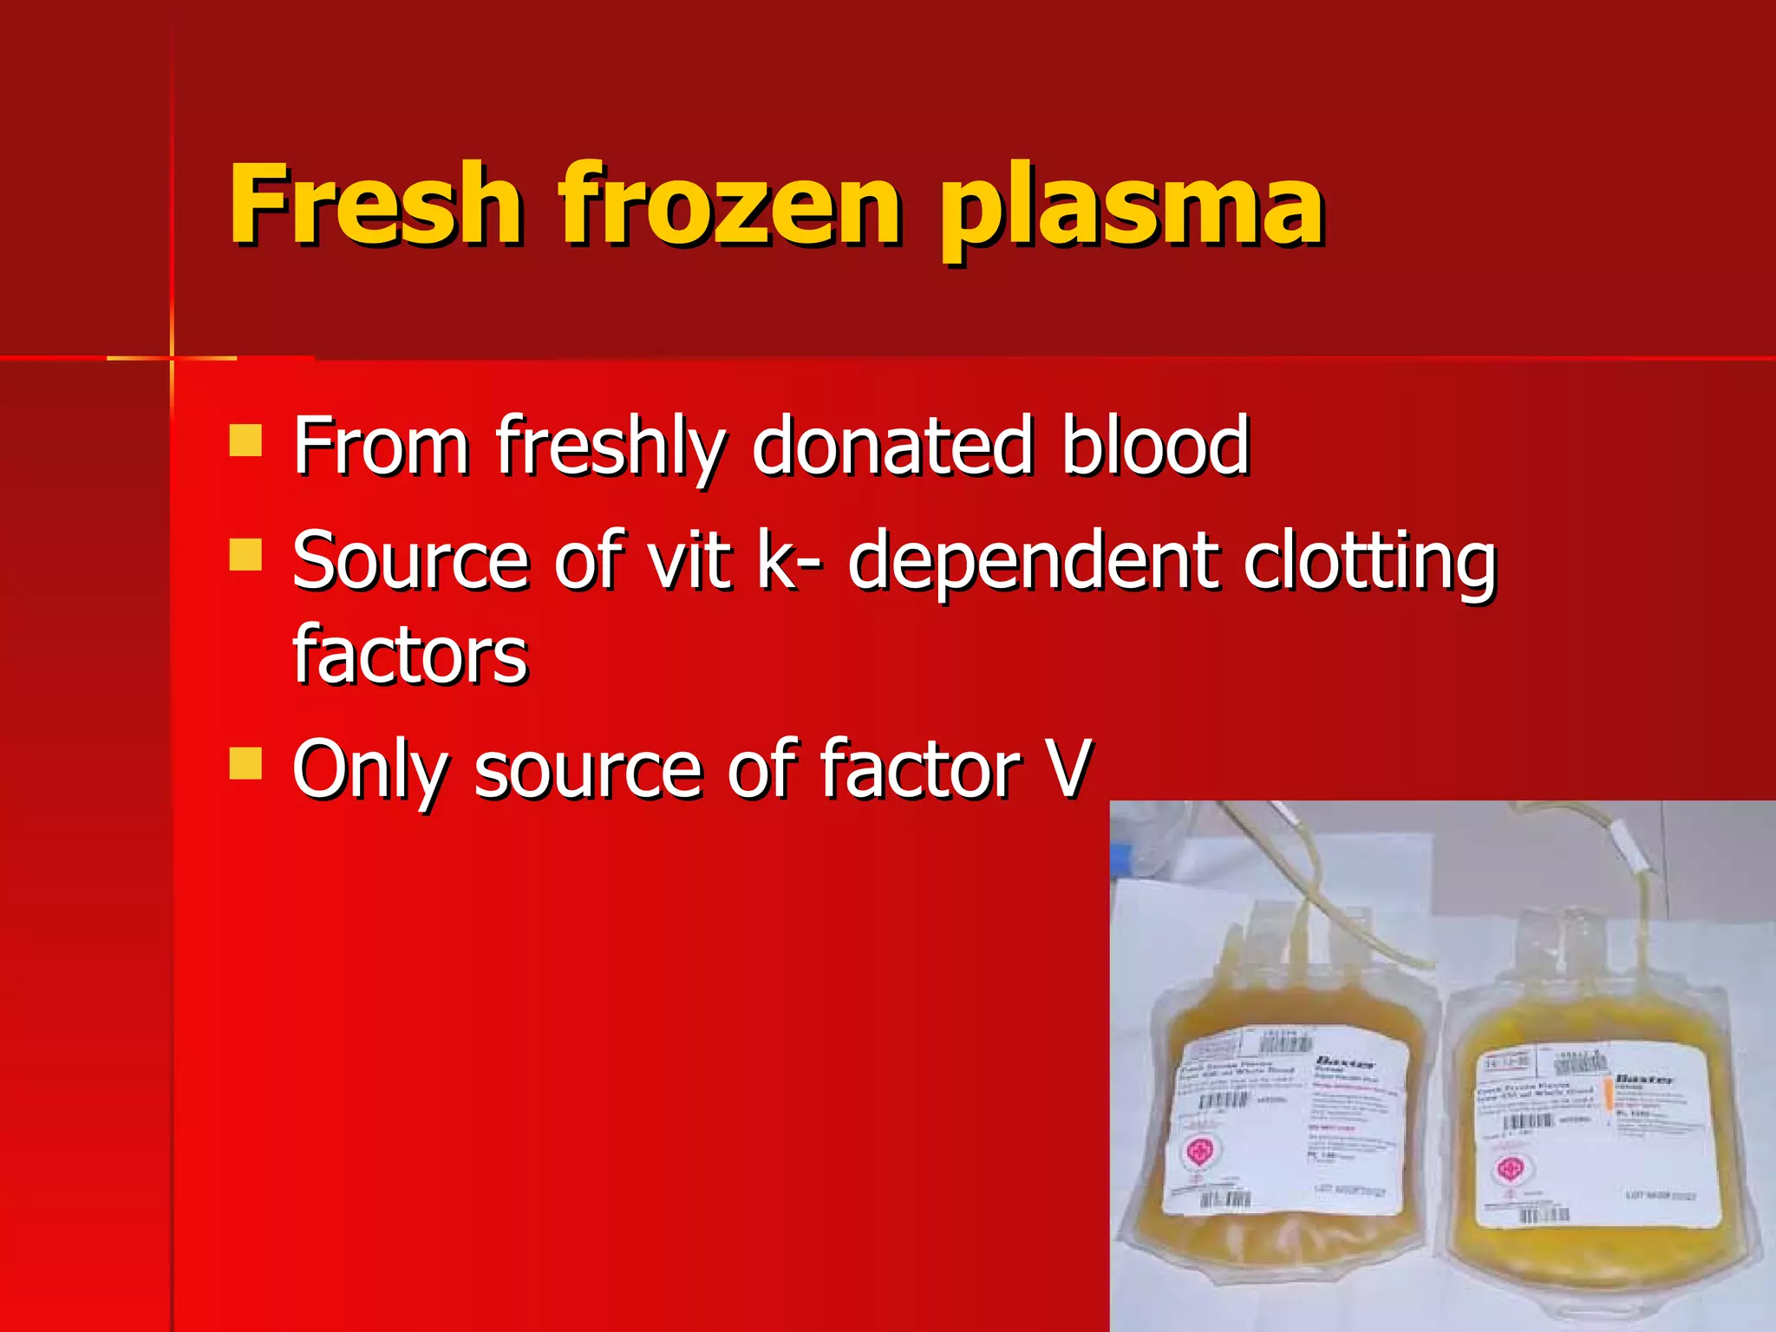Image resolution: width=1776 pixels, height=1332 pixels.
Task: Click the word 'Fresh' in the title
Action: click(x=375, y=206)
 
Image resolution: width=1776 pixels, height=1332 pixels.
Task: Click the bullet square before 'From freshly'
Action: click(x=245, y=440)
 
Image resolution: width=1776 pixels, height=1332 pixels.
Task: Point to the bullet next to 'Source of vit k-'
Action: click(x=245, y=555)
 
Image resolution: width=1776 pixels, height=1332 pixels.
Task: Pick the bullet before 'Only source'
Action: click(x=245, y=764)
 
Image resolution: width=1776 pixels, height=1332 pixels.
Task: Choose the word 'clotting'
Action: click(x=1369, y=564)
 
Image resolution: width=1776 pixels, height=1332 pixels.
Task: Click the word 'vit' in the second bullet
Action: click(x=689, y=561)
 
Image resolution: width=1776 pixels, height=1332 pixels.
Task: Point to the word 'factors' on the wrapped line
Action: click(x=409, y=654)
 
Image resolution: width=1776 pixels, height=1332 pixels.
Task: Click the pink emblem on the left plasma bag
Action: click(x=1200, y=1152)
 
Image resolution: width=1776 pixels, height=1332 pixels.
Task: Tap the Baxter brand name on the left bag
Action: click(x=1345, y=1061)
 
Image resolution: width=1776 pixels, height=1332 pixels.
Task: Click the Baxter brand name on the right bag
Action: click(x=1644, y=1079)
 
